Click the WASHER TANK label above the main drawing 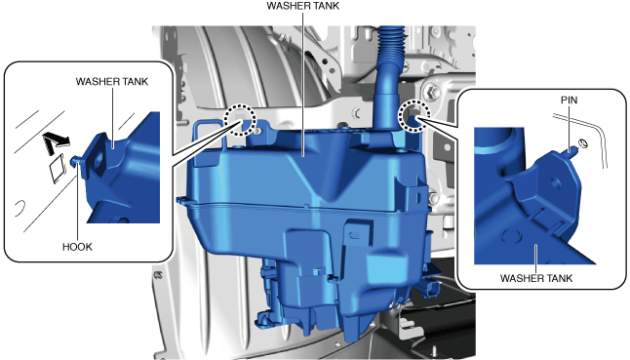point(303,6)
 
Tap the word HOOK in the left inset point(77,247)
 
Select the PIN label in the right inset point(569,100)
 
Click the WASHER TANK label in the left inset point(112,82)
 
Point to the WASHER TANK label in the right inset point(536,278)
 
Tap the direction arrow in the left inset point(56,142)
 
